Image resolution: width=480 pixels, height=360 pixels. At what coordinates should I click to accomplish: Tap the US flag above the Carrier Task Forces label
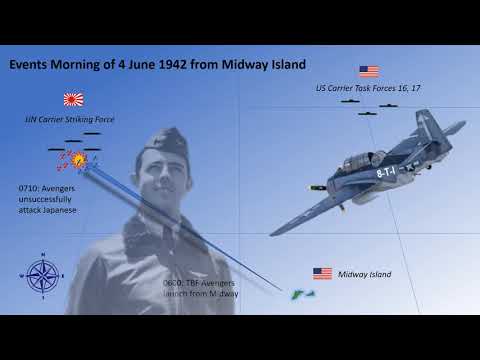[x=369, y=72]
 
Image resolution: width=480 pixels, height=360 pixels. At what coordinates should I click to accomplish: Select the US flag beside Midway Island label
[x=322, y=273]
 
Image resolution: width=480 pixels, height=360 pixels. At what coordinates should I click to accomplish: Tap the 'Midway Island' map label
[x=365, y=274]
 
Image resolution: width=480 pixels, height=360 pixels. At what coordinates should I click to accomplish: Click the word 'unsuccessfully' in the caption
[x=52, y=200]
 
